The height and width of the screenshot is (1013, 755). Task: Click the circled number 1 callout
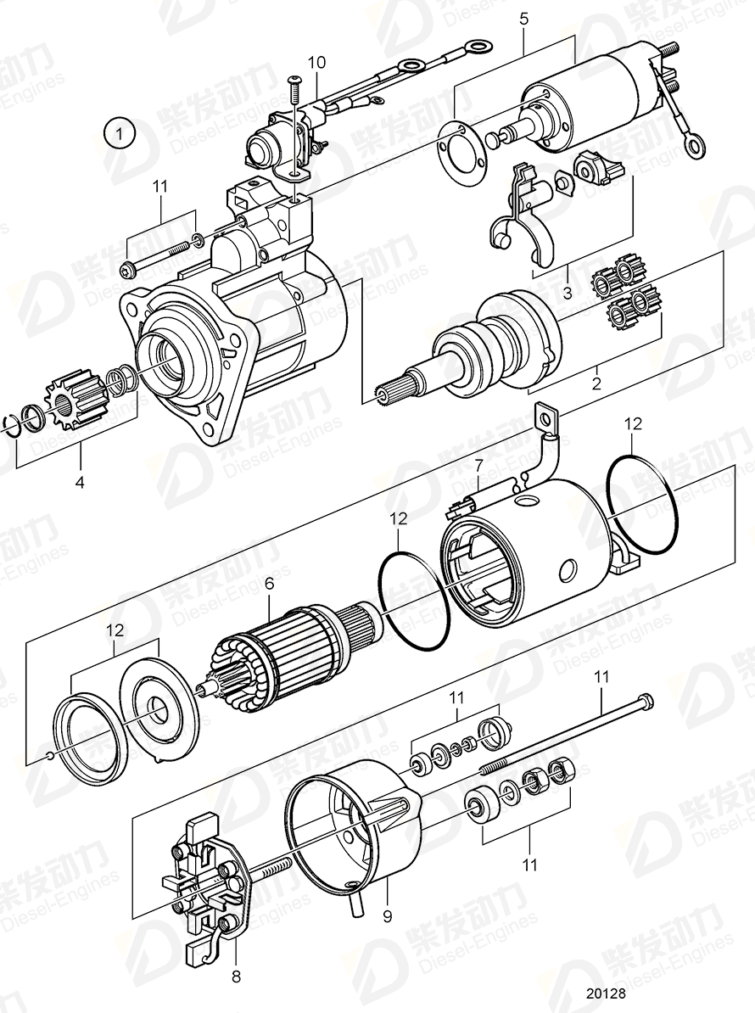tap(120, 133)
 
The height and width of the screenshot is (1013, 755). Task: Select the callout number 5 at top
tap(523, 18)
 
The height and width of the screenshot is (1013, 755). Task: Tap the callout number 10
tap(316, 62)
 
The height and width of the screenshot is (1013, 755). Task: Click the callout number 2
tap(596, 383)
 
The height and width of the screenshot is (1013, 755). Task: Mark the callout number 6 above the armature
tap(269, 583)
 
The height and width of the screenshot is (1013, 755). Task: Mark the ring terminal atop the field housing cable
tap(545, 417)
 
